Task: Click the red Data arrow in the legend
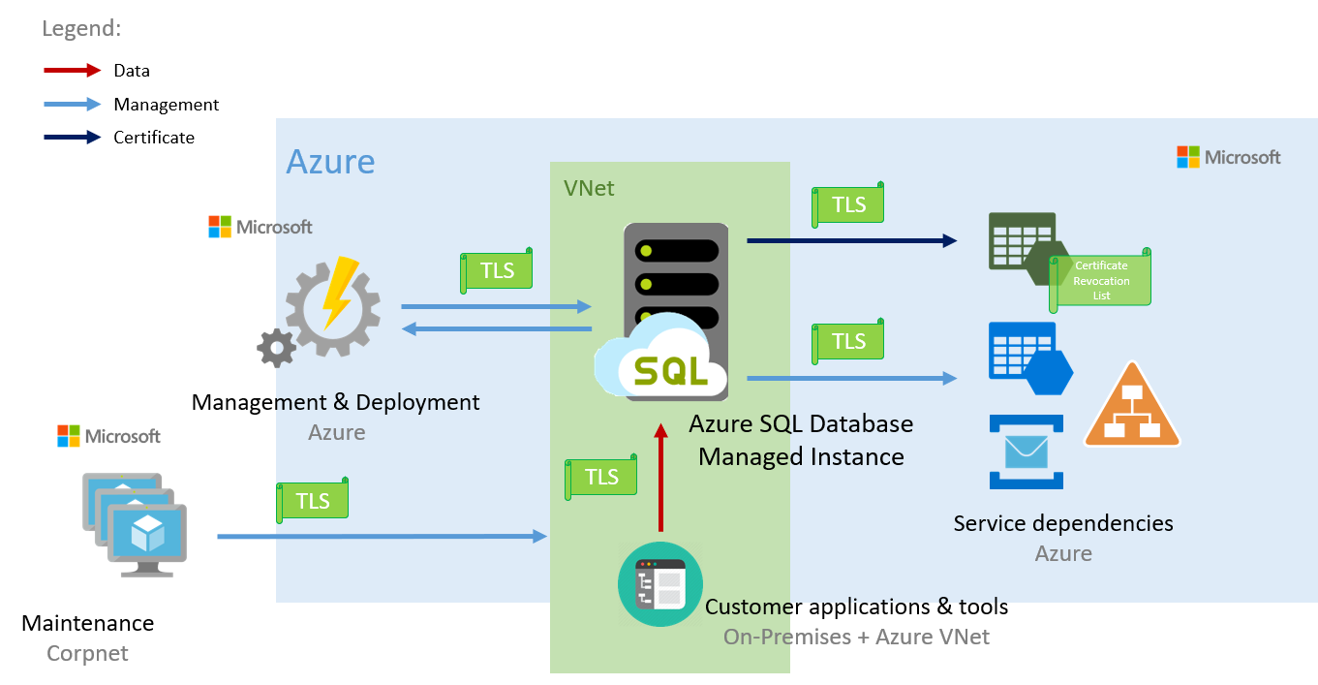pos(72,71)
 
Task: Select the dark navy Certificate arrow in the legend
pos(72,138)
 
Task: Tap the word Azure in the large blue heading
pos(330,162)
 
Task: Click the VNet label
pos(589,188)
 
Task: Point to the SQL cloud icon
pos(660,356)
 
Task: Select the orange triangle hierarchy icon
pos(1132,406)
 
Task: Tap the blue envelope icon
pos(1027,451)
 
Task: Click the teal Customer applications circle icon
pos(660,584)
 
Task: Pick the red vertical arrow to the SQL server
pos(660,478)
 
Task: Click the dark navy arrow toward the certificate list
pos(852,240)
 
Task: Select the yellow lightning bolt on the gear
pos(339,292)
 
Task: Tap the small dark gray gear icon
pos(277,349)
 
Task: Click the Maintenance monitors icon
pos(135,524)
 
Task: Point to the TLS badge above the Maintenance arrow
pos(313,500)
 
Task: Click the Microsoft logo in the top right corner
pos(1229,157)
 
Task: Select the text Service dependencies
pos(1063,523)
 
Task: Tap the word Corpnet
pos(87,653)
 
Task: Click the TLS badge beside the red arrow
pos(600,476)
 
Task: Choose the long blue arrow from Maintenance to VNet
pos(383,536)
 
